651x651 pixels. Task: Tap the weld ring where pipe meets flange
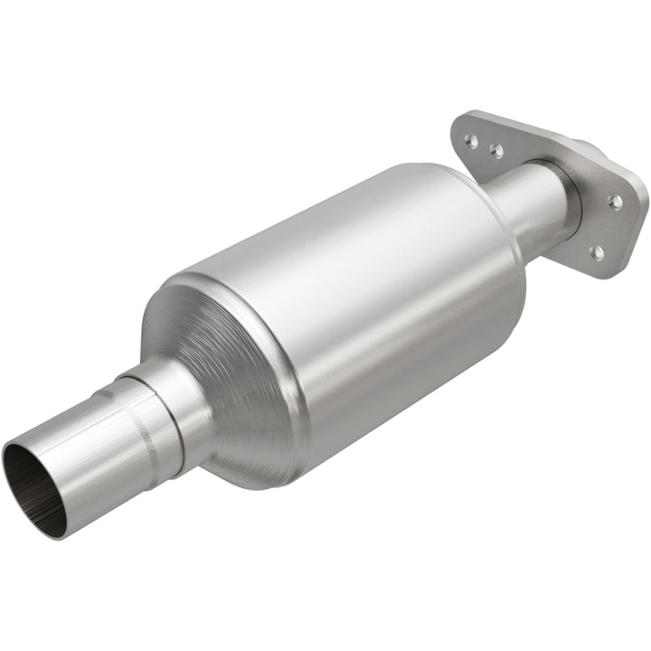click(571, 194)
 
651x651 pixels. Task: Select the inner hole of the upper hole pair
click(495, 149)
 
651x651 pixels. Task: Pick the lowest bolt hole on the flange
click(596, 250)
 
